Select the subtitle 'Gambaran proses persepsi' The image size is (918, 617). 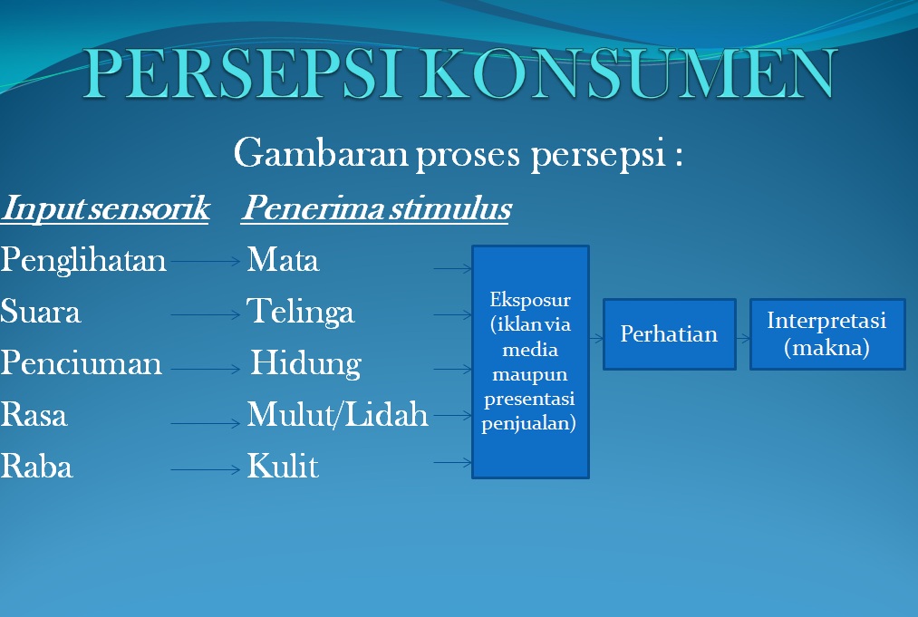click(458, 154)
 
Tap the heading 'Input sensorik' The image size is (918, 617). click(105, 209)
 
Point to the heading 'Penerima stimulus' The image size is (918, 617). click(375, 209)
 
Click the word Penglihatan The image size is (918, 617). click(83, 261)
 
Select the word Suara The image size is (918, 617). click(41, 313)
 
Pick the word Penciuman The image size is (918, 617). click(82, 364)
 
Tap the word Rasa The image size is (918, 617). click(34, 416)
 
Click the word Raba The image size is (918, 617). click(36, 468)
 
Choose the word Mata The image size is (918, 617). click(283, 261)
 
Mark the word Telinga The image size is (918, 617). click(301, 313)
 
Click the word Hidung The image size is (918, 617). click(305, 364)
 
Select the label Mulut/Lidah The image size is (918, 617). click(337, 416)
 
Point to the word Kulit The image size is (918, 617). click(283, 468)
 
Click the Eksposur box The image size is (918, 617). click(530, 362)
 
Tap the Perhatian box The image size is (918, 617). click(669, 334)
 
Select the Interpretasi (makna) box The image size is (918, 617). click(826, 334)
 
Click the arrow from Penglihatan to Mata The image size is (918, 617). click(207, 262)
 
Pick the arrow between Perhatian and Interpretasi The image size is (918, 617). click(743, 338)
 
